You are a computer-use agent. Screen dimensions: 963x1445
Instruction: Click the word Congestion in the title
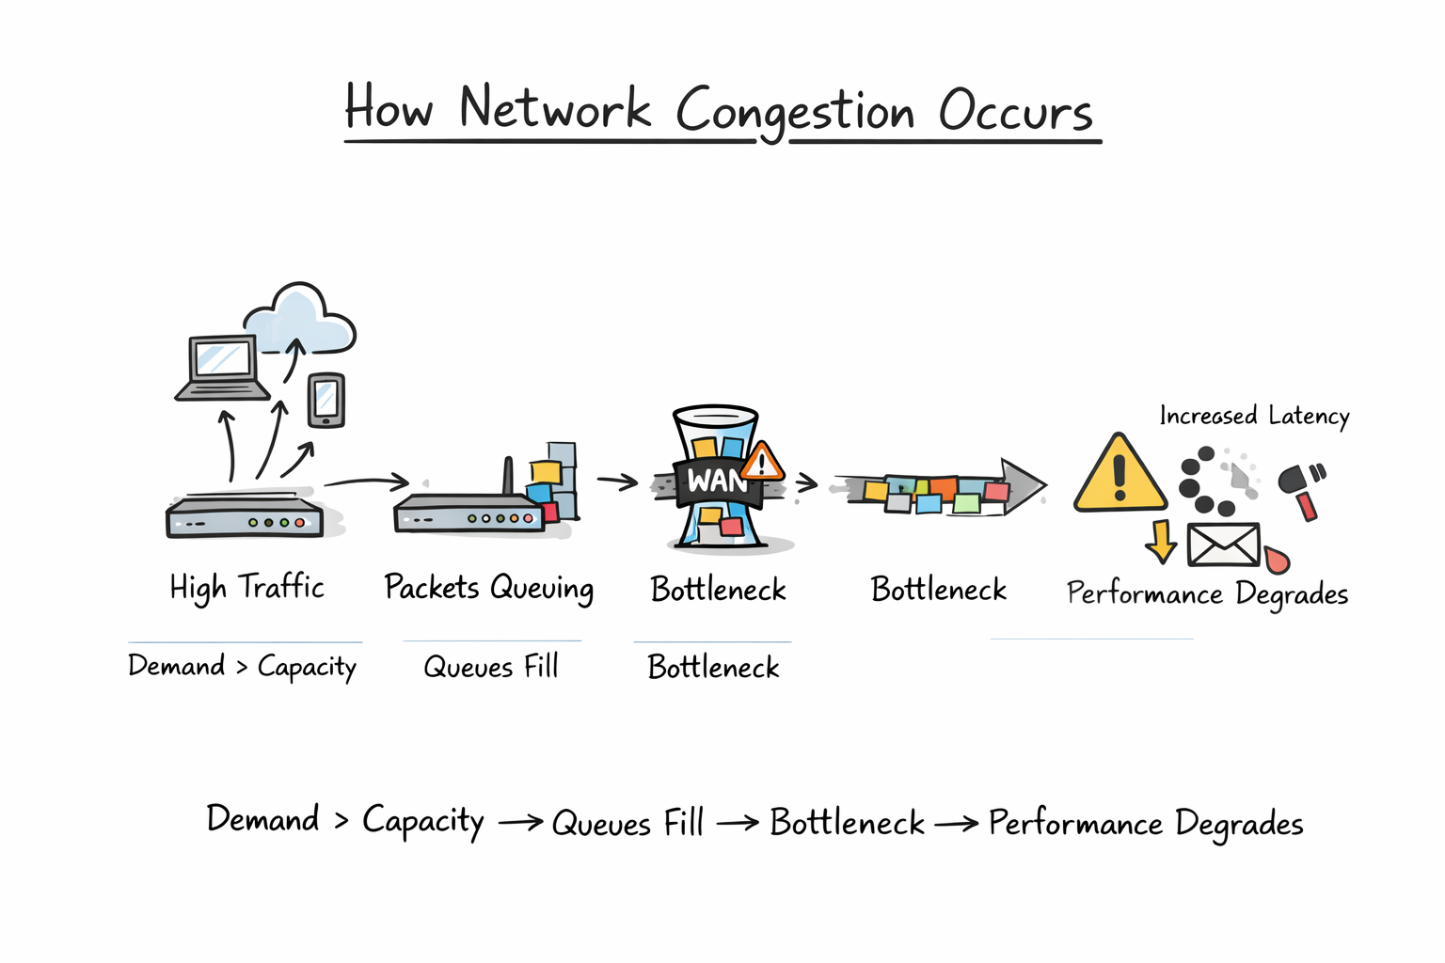(795, 113)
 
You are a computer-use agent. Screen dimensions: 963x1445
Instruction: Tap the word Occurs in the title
(1015, 111)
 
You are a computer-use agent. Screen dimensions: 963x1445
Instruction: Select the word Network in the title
(554, 108)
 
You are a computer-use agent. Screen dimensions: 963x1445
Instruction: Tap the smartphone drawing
(326, 400)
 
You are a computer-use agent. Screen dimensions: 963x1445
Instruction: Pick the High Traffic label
(246, 588)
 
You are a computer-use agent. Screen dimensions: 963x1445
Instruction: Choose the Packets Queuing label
(488, 589)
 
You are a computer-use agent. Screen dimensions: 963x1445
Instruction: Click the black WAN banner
(714, 481)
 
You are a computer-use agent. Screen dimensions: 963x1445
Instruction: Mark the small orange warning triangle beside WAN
(762, 463)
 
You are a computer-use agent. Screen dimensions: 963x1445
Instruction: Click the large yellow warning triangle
(1119, 476)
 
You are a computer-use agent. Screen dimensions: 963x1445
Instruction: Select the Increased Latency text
(1254, 416)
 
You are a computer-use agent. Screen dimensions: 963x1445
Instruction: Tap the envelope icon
(1223, 545)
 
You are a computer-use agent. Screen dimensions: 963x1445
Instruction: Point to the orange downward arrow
(1161, 541)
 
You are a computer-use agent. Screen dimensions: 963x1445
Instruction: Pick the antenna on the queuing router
(508, 476)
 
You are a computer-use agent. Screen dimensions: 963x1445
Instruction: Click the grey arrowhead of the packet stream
(1024, 485)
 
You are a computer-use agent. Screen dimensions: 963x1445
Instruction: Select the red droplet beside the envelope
(1277, 560)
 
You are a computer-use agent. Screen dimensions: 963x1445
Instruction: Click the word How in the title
(389, 107)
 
